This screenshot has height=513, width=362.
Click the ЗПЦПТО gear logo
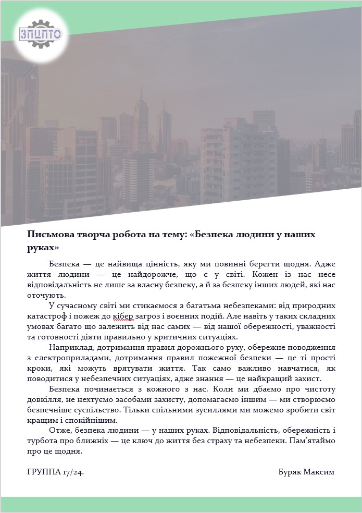pos(41,34)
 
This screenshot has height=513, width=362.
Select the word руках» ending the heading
pos(43,247)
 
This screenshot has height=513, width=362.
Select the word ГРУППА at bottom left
pos(43,472)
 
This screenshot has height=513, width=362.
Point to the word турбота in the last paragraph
pos(43,441)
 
